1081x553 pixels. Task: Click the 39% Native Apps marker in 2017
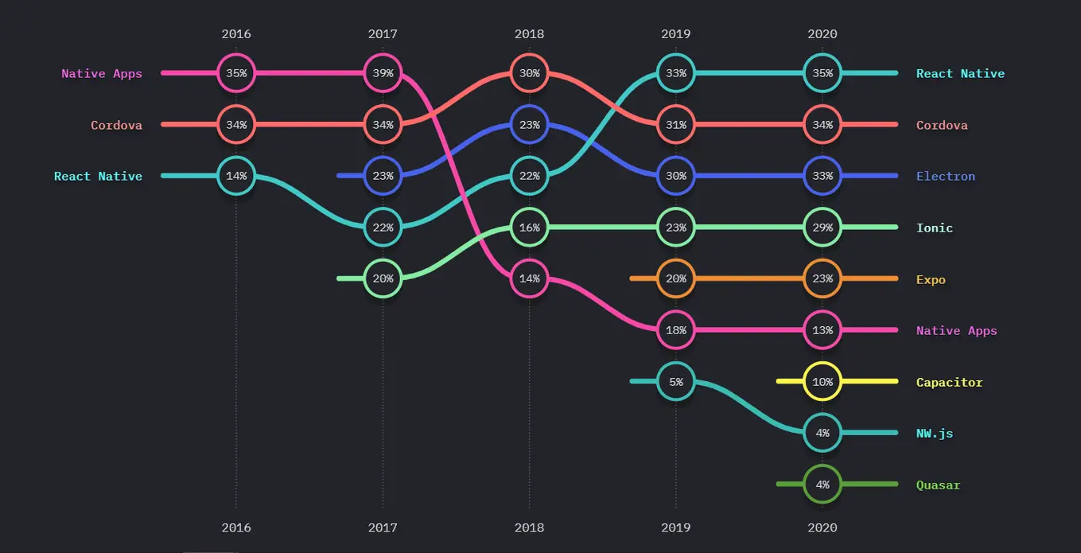pos(383,73)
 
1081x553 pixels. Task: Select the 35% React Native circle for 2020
pos(822,73)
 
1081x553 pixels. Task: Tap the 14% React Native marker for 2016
pos(236,176)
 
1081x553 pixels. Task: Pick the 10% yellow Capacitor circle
pos(822,382)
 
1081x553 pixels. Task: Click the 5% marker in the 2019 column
pos(675,382)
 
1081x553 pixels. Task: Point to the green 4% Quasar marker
pos(822,485)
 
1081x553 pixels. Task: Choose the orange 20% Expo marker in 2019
pos(675,278)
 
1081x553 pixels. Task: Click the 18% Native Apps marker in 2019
pos(675,330)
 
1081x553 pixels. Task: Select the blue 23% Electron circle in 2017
pos(383,176)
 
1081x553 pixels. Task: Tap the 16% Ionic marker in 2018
pos(529,228)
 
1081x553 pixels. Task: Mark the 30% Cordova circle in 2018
pos(529,73)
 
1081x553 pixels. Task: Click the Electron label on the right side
pos(945,177)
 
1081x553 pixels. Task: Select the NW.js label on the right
pos(934,434)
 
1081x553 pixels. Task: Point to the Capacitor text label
pos(949,383)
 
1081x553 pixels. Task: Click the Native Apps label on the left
pos(102,74)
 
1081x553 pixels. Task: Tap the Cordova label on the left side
pos(116,125)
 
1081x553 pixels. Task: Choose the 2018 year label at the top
pos(529,34)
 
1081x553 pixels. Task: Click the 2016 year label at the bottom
pos(236,528)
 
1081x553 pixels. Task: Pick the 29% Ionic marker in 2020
pos(822,228)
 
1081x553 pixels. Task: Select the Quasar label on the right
pos(938,485)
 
